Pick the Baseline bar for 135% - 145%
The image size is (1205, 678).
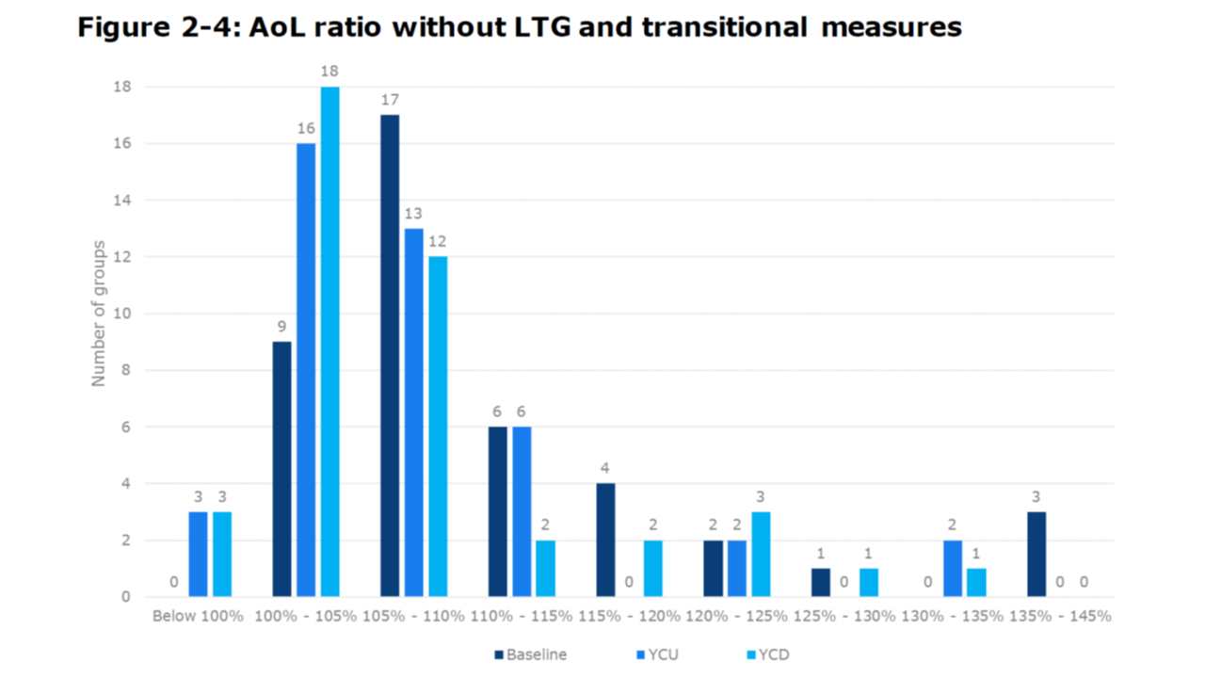click(x=1036, y=555)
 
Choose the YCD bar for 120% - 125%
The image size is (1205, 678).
click(x=761, y=555)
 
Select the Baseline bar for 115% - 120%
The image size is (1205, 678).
click(x=605, y=541)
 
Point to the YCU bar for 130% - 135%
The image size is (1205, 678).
click(x=953, y=569)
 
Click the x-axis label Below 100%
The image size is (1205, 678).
click(x=199, y=617)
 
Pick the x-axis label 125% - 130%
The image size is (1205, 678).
click(x=843, y=617)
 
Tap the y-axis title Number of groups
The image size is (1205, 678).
click(x=98, y=314)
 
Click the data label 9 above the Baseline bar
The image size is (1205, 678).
click(x=281, y=327)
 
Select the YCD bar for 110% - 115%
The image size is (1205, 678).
click(x=545, y=569)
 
